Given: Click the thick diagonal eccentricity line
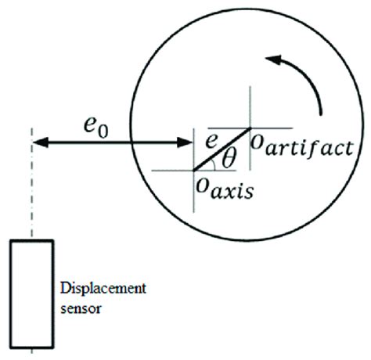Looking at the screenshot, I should point(222,149).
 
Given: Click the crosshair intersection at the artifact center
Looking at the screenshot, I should point(250,128).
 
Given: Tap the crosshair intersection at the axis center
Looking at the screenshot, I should point(194,169).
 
